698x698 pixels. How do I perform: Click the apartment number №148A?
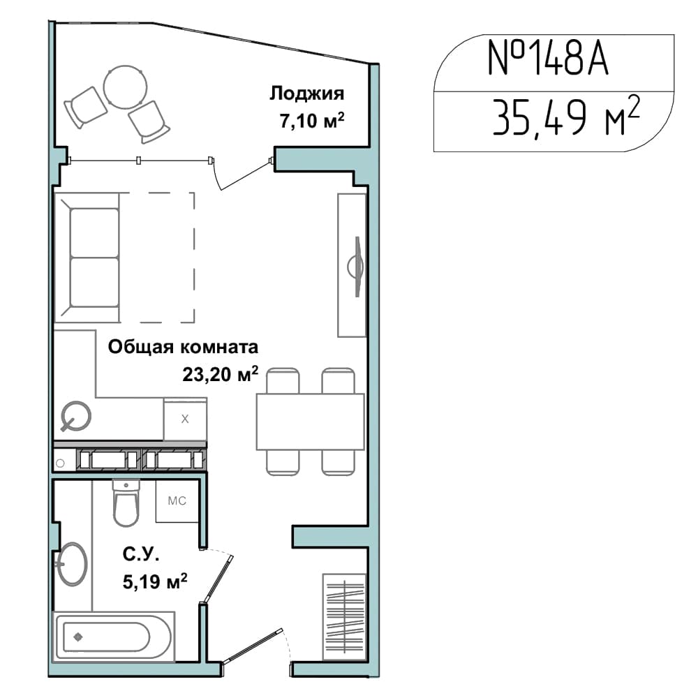(x=548, y=58)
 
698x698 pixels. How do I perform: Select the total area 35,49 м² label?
(x=566, y=117)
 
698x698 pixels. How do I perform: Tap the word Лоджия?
(x=306, y=94)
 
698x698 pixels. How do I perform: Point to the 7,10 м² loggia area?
(x=312, y=121)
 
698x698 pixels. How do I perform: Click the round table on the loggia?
(x=126, y=87)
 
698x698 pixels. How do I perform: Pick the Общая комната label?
(x=183, y=347)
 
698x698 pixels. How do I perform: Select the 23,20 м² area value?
(x=221, y=374)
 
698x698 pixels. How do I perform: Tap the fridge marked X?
(x=185, y=418)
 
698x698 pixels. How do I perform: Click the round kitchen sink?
(x=76, y=416)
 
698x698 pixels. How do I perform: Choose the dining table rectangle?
(x=311, y=422)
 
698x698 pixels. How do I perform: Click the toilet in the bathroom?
(x=126, y=503)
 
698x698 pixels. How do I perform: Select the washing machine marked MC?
(x=177, y=501)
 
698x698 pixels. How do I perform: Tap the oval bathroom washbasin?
(x=72, y=564)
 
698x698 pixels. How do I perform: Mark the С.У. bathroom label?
(x=141, y=554)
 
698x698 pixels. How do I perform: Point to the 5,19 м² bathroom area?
(x=155, y=581)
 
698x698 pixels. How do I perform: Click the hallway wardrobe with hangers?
(x=344, y=616)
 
